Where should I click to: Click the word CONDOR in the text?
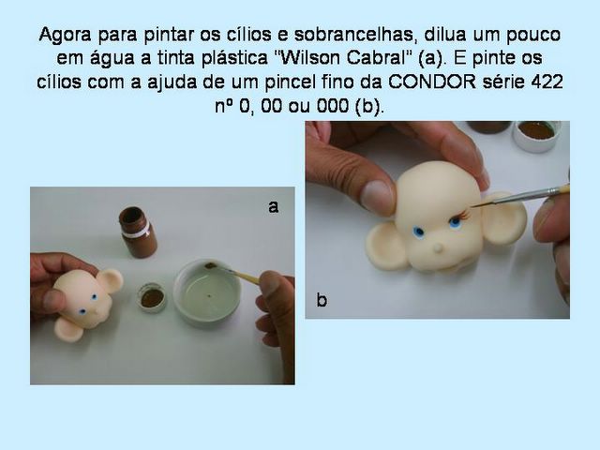(x=432, y=82)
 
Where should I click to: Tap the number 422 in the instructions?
(x=547, y=82)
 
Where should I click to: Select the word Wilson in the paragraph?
(x=309, y=58)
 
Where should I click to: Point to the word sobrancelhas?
(x=353, y=35)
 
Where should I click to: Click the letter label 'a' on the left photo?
(x=273, y=207)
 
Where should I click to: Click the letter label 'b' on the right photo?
(x=322, y=300)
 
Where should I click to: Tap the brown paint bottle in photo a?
(x=138, y=232)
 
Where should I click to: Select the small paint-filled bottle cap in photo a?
(x=152, y=297)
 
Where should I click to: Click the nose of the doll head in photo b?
(x=437, y=249)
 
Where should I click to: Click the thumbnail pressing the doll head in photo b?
(x=378, y=198)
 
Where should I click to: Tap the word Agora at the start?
(x=65, y=35)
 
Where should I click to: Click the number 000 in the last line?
(x=333, y=106)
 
